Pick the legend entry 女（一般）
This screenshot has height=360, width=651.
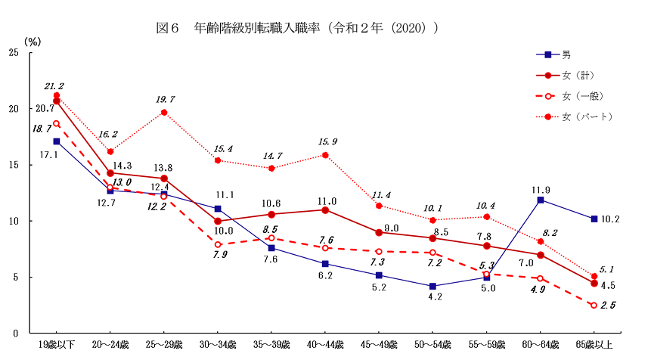pos(582,96)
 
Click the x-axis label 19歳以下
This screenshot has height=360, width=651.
pos(57,345)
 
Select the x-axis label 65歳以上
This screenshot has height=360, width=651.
pos(594,345)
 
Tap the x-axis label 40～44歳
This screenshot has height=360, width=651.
pos(325,345)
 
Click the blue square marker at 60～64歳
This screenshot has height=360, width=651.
pos(541,200)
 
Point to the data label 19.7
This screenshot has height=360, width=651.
pos(165,99)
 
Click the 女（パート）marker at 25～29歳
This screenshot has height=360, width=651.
pos(164,113)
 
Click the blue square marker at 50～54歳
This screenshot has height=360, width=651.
pos(432,286)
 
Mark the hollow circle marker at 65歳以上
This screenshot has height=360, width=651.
pos(594,305)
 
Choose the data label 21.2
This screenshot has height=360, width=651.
pos(54,85)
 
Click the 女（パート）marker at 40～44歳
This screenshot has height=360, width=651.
pos(325,155)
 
